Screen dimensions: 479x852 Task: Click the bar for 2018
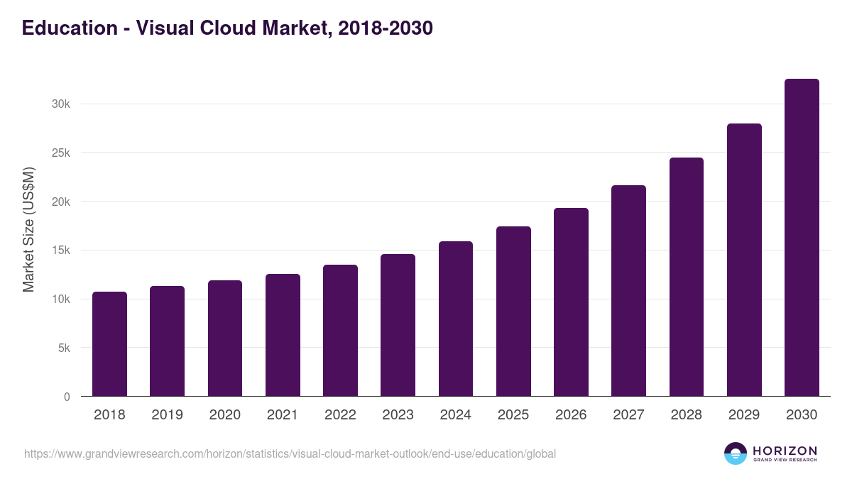click(109, 344)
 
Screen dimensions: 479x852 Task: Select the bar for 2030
click(802, 238)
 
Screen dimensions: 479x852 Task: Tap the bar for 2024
click(456, 319)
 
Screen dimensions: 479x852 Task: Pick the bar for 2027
click(628, 291)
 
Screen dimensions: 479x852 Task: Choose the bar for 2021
click(283, 335)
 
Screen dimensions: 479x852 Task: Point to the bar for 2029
click(744, 260)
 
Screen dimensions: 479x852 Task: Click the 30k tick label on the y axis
click(61, 104)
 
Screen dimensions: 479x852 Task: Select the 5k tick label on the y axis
click(64, 348)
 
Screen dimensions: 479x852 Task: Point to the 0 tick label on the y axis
click(67, 397)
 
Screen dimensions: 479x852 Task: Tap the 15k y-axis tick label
click(61, 250)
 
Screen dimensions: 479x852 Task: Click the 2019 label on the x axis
click(167, 415)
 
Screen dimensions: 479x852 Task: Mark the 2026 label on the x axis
click(571, 415)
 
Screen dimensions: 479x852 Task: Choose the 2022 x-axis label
click(340, 415)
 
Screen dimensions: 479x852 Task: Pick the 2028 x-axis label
click(687, 415)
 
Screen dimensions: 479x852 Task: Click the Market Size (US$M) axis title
click(29, 229)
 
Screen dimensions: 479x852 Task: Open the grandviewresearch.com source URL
click(290, 453)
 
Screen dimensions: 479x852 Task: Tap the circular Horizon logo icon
click(736, 453)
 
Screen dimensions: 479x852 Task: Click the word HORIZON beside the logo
click(785, 450)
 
